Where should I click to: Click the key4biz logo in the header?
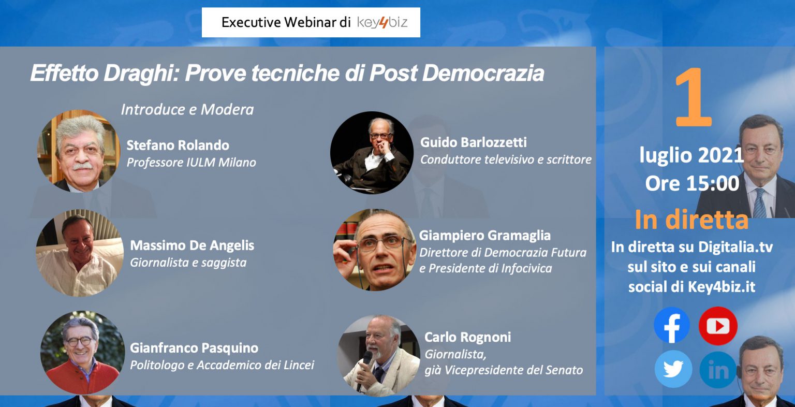(382, 23)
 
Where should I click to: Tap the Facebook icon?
(672, 325)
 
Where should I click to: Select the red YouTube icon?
(718, 326)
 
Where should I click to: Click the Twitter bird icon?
(673, 369)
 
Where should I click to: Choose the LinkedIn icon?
(718, 369)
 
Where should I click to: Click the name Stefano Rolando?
(178, 146)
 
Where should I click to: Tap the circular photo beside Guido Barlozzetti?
(372, 153)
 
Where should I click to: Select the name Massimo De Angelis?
(192, 245)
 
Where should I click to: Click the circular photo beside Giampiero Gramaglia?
(374, 250)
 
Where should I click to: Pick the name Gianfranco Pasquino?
(194, 348)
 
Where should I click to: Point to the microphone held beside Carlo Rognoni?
(364, 369)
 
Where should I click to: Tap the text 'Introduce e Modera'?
(187, 109)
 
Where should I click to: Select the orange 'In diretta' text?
(691, 220)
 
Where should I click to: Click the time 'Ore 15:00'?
(692, 184)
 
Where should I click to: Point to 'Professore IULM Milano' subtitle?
(192, 162)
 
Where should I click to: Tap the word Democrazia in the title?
(483, 73)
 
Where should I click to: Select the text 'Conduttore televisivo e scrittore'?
(506, 160)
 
